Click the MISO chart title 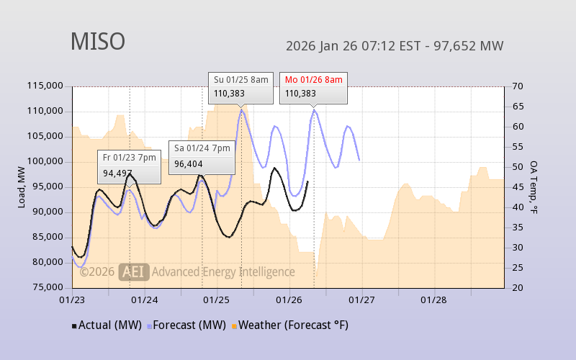[97, 42]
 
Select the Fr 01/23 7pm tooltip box [129, 166]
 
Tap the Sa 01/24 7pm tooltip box [201, 156]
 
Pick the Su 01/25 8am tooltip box [241, 86]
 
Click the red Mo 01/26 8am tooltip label [313, 79]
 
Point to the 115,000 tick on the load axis [44, 86]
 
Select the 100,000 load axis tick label [44, 161]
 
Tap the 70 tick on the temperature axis [517, 86]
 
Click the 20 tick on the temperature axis [517, 287]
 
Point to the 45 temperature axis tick [517, 187]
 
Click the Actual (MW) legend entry [107, 325]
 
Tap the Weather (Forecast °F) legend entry [290, 325]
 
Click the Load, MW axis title [22, 187]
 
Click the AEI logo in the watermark [134, 271]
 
